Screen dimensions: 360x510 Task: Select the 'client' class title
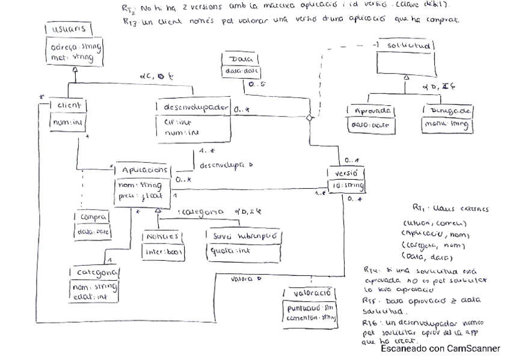click(69, 106)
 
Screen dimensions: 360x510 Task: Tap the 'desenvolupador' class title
click(195, 106)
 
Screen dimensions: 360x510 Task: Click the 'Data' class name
click(241, 60)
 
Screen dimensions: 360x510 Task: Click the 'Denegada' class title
click(446, 112)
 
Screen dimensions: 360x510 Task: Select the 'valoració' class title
click(310, 293)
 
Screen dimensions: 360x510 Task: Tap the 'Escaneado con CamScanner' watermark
click(440, 348)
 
